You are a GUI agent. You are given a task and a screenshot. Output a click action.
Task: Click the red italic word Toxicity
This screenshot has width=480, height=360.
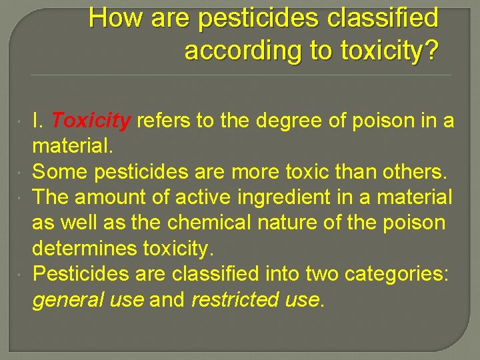pos(91,121)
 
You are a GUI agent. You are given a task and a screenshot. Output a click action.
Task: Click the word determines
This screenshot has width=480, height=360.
pos(85,248)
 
